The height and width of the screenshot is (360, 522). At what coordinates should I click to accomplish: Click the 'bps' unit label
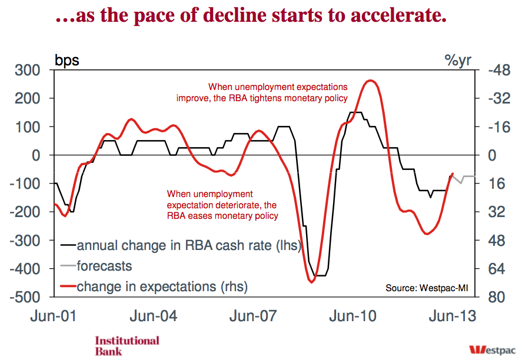[67, 59]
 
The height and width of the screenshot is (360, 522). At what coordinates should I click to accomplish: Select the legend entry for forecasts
[104, 266]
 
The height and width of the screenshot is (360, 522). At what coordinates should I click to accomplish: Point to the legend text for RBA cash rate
[188, 245]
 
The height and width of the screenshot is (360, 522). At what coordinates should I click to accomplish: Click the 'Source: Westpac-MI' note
[427, 288]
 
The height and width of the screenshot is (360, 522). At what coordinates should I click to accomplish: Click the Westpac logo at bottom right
[493, 349]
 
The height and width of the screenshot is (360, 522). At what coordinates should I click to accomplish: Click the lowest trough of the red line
[312, 282]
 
